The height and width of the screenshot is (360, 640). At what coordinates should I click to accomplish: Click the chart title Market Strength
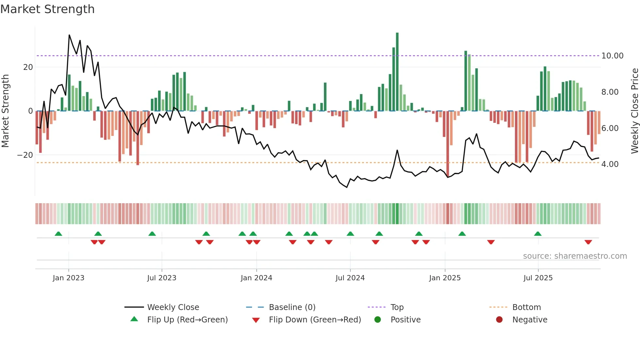point(47,9)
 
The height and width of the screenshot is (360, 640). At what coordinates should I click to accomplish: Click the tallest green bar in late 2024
point(397,72)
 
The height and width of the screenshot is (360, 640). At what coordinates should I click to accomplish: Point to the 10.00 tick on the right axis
point(612,56)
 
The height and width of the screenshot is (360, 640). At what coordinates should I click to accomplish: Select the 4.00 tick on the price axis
point(610,164)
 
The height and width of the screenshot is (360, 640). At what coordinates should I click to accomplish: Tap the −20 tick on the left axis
point(25,155)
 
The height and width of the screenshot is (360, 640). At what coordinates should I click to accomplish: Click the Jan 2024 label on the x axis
point(256,278)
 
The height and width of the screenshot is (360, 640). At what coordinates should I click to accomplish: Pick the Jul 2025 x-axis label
point(538,278)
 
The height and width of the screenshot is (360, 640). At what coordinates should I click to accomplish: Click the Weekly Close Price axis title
point(634,111)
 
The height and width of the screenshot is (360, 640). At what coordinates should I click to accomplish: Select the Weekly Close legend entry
point(173,307)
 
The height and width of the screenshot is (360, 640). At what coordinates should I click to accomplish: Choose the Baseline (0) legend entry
point(292,307)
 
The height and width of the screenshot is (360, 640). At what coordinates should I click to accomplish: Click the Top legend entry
point(397,307)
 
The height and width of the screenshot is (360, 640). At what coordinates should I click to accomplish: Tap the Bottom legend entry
point(526,307)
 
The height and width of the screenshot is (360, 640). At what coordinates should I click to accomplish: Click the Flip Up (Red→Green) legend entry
point(187,320)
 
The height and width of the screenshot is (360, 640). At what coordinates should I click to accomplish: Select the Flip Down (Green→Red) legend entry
point(315,320)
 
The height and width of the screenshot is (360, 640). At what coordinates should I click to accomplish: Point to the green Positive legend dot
point(378,320)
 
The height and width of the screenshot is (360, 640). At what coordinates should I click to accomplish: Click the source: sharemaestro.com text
point(575,256)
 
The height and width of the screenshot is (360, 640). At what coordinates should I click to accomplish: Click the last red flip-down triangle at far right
point(588,242)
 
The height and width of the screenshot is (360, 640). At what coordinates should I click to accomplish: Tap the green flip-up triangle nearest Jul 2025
point(538,234)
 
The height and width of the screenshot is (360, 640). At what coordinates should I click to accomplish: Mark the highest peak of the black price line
point(69,35)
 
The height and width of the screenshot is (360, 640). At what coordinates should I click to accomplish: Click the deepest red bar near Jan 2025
point(448,144)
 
